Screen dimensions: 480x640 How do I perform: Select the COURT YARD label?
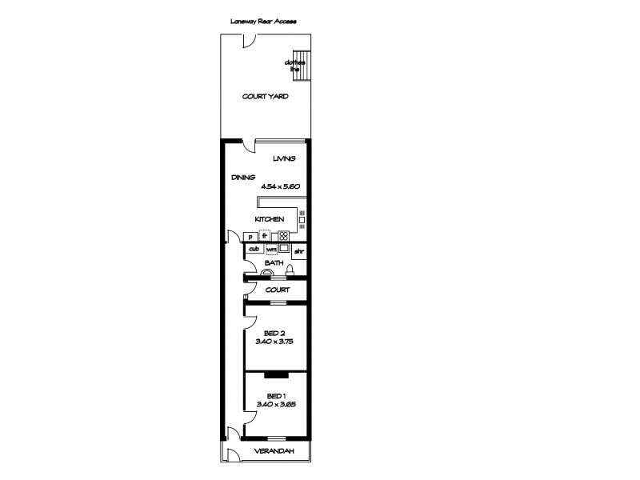[x=266, y=96]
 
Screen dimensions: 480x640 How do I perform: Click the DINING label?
[x=242, y=178]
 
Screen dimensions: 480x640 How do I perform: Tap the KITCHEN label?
[x=270, y=219]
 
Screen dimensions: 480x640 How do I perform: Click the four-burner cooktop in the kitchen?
[x=283, y=236]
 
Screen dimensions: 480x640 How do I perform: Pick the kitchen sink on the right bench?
[x=302, y=217]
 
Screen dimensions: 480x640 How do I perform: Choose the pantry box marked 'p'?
[x=250, y=237]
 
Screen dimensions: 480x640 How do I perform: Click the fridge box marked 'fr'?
[x=264, y=236]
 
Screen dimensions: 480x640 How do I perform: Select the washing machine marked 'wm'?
[x=270, y=250]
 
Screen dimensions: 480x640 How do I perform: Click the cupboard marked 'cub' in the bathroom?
[x=254, y=249]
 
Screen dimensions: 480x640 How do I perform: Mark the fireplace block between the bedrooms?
[x=277, y=374]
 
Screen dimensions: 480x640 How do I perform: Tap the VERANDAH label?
[x=274, y=452]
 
